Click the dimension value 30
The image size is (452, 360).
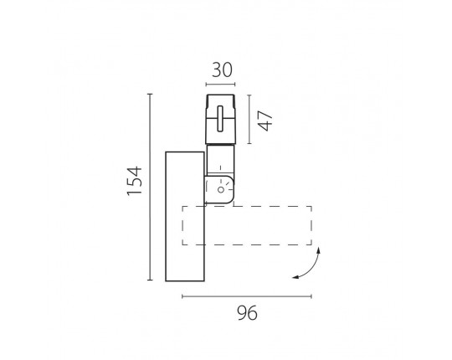[222, 70]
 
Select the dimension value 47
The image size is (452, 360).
[265, 121]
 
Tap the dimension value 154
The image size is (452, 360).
[135, 181]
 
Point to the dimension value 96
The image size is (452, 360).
[247, 313]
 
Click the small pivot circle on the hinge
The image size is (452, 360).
[221, 190]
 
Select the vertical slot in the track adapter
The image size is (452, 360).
[220, 118]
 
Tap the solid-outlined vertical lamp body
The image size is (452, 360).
[185, 216]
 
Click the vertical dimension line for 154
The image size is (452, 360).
[150, 187]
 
